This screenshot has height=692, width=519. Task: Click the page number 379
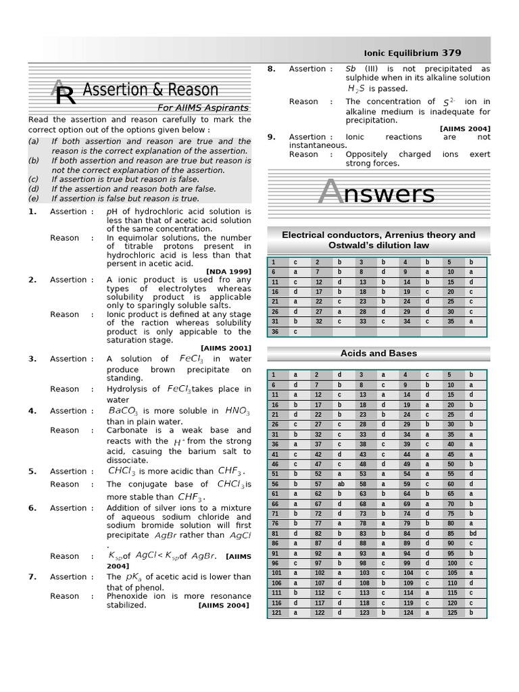pyautogui.click(x=452, y=53)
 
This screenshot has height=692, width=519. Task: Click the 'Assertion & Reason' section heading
pyautogui.click(x=150, y=90)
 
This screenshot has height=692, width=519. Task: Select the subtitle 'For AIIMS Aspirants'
pyautogui.click(x=203, y=108)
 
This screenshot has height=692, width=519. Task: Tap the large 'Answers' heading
pyautogui.click(x=377, y=194)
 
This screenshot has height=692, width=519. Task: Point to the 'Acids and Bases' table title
pyautogui.click(x=378, y=353)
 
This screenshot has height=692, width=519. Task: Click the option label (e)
pyautogui.click(x=33, y=199)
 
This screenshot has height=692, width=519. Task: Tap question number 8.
pyautogui.click(x=271, y=69)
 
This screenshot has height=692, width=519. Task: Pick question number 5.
pyautogui.click(x=32, y=472)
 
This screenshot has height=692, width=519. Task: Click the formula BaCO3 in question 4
pyautogui.click(x=123, y=411)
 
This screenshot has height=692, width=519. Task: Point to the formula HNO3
pyautogui.click(x=237, y=411)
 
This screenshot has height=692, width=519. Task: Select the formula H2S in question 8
pyautogui.click(x=356, y=89)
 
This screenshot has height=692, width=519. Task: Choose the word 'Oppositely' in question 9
pyautogui.click(x=369, y=154)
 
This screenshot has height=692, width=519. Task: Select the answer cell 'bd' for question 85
pyautogui.click(x=472, y=533)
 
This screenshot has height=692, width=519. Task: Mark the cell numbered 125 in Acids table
pyautogui.click(x=451, y=613)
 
